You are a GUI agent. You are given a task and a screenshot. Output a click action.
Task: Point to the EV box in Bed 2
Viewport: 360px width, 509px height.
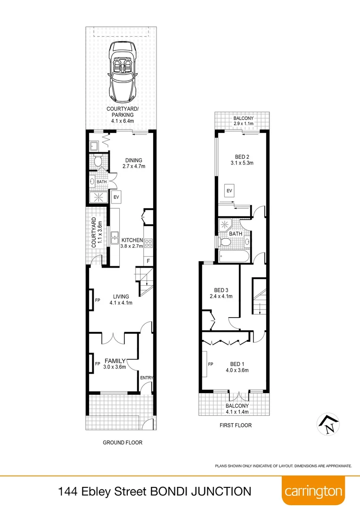pyautogui.click(x=230, y=190)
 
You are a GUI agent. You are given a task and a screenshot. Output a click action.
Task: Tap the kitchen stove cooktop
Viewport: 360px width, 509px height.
pyautogui.click(x=148, y=243)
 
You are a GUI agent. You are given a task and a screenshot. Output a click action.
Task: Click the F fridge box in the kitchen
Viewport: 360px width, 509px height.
pyautogui.click(x=148, y=261)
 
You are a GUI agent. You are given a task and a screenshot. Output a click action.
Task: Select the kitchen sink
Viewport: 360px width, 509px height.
pyautogui.click(x=114, y=237)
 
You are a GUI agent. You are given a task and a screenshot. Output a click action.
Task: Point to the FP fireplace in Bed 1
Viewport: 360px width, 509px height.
pyautogui.click(x=205, y=364)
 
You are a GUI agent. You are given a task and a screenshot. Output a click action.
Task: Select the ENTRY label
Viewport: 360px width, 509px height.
pyautogui.click(x=147, y=378)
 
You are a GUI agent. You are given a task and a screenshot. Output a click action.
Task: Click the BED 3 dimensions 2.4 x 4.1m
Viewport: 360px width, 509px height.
pyautogui.click(x=221, y=296)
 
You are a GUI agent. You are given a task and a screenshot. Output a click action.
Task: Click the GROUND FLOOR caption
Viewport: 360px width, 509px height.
pyautogui.click(x=123, y=443)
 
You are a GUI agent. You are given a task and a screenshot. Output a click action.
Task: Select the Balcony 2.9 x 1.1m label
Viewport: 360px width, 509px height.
pyautogui.click(x=243, y=121)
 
